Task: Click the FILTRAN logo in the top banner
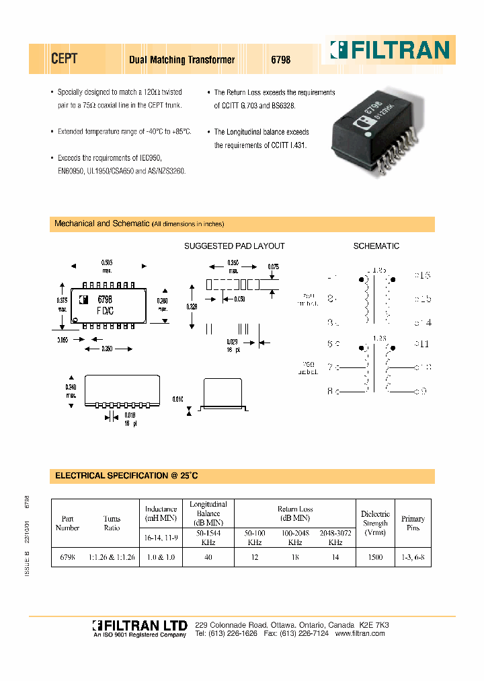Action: tap(389, 50)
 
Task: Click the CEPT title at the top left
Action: tap(65, 59)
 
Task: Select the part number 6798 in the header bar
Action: tap(280, 60)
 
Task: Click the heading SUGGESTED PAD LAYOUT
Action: tap(235, 246)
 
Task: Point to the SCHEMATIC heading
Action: tap(376, 246)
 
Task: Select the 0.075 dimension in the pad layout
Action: tap(273, 267)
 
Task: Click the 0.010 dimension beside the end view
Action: tap(177, 399)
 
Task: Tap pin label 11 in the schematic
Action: tap(423, 344)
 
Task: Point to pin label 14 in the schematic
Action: tap(423, 322)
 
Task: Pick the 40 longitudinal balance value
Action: tap(208, 557)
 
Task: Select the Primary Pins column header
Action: tap(413, 523)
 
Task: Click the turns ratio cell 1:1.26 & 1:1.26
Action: tap(112, 557)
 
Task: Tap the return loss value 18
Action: tap(294, 557)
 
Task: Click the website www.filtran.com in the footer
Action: tap(360, 633)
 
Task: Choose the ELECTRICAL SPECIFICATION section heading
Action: tap(126, 476)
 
